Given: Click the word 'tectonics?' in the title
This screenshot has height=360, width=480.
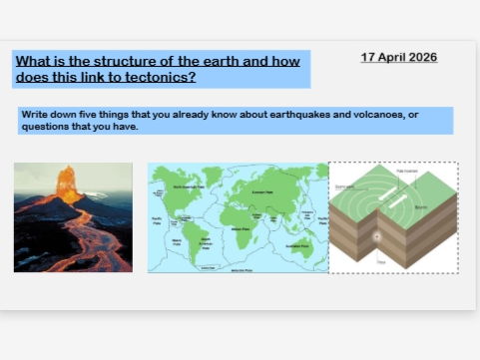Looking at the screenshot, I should click(162, 77).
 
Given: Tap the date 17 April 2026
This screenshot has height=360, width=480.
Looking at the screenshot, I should click(398, 57).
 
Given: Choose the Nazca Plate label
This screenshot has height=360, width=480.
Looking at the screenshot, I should click(178, 240).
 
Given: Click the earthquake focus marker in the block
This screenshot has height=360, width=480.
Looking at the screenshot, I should click(376, 237).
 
